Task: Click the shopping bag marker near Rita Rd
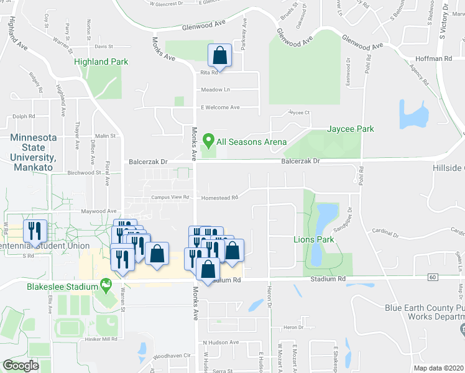pyautogui.click(x=220, y=55)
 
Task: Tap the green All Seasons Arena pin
pyautogui.click(x=209, y=140)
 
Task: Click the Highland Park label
pyautogui.click(x=101, y=62)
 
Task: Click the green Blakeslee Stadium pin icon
pyautogui.click(x=106, y=285)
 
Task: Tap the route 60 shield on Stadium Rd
pyautogui.click(x=433, y=276)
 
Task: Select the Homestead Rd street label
pyautogui.click(x=219, y=198)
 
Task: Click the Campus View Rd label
pyautogui.click(x=170, y=197)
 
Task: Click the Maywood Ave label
pyautogui.click(x=98, y=211)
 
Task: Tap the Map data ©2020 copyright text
pyautogui.click(x=438, y=368)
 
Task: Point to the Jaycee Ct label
pyautogui.click(x=298, y=113)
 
